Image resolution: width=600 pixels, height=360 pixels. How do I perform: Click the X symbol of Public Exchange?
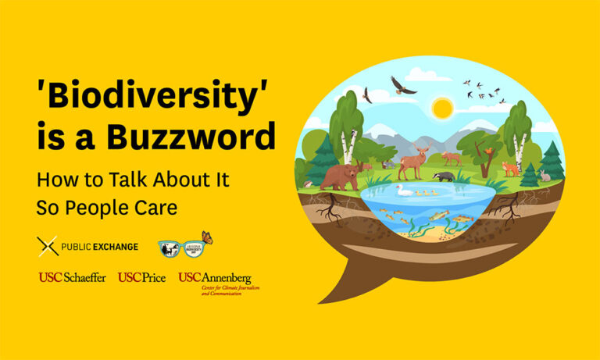(48, 247)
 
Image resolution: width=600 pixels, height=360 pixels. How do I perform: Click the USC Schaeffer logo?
(73, 278)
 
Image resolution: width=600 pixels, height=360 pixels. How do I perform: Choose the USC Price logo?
(141, 278)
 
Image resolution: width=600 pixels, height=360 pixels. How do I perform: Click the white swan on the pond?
(404, 190)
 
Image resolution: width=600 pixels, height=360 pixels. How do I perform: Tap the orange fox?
(510, 169)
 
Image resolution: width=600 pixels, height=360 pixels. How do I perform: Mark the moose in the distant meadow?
(452, 159)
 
